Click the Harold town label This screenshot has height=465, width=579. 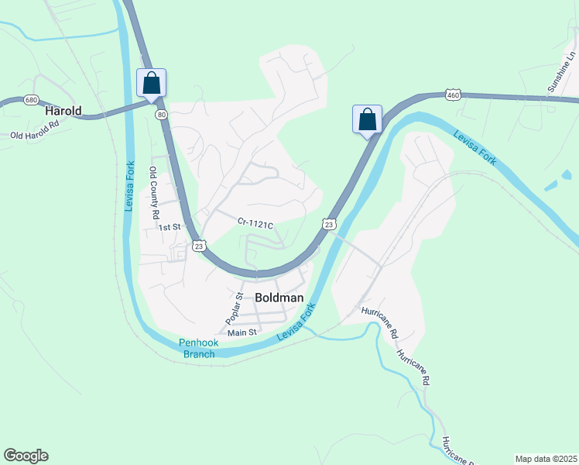coord(63,111)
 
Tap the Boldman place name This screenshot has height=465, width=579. coord(278,296)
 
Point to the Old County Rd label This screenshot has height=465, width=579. coord(154,193)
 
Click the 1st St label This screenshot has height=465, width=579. coord(169,227)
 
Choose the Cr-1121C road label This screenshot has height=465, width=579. coord(255,225)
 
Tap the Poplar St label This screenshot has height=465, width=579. coord(235,308)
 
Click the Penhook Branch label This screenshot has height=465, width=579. coord(200,348)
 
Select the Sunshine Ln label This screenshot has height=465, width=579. coord(562,73)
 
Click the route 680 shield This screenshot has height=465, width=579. coord(31,100)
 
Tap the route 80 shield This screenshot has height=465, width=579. coord(161,114)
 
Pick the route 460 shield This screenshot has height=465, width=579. coord(454,95)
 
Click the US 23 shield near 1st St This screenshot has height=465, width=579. coord(199,246)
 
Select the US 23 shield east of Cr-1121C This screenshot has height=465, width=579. coord(330,224)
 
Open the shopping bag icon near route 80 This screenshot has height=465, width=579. coord(152,82)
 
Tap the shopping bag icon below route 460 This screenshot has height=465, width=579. coord(368,119)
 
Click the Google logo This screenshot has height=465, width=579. coord(26,456)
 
